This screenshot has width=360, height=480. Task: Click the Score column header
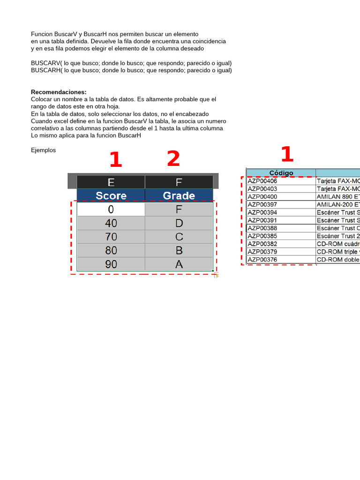(x=111, y=195)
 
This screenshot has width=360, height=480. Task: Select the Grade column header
(x=179, y=195)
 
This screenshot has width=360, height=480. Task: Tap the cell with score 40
(x=111, y=223)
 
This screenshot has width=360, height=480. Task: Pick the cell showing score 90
(x=111, y=264)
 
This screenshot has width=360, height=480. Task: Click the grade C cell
(x=179, y=237)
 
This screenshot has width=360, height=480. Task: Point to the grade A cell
(x=179, y=264)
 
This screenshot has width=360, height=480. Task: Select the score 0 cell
(x=111, y=210)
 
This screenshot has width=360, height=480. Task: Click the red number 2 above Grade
(x=173, y=159)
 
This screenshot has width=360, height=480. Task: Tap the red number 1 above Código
(x=286, y=155)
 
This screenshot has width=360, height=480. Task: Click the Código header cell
(x=281, y=173)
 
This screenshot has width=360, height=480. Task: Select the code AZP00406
(x=262, y=181)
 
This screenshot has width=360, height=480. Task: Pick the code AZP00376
(x=262, y=260)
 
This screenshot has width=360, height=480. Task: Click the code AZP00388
(x=262, y=228)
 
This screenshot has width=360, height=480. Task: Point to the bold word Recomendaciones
(x=59, y=92)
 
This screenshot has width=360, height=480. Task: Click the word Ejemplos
(x=43, y=150)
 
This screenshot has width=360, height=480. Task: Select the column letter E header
(x=111, y=182)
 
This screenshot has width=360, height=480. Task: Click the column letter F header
(x=179, y=182)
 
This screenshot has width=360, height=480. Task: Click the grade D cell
(x=179, y=223)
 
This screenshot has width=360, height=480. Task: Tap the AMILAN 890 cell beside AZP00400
(x=338, y=197)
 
